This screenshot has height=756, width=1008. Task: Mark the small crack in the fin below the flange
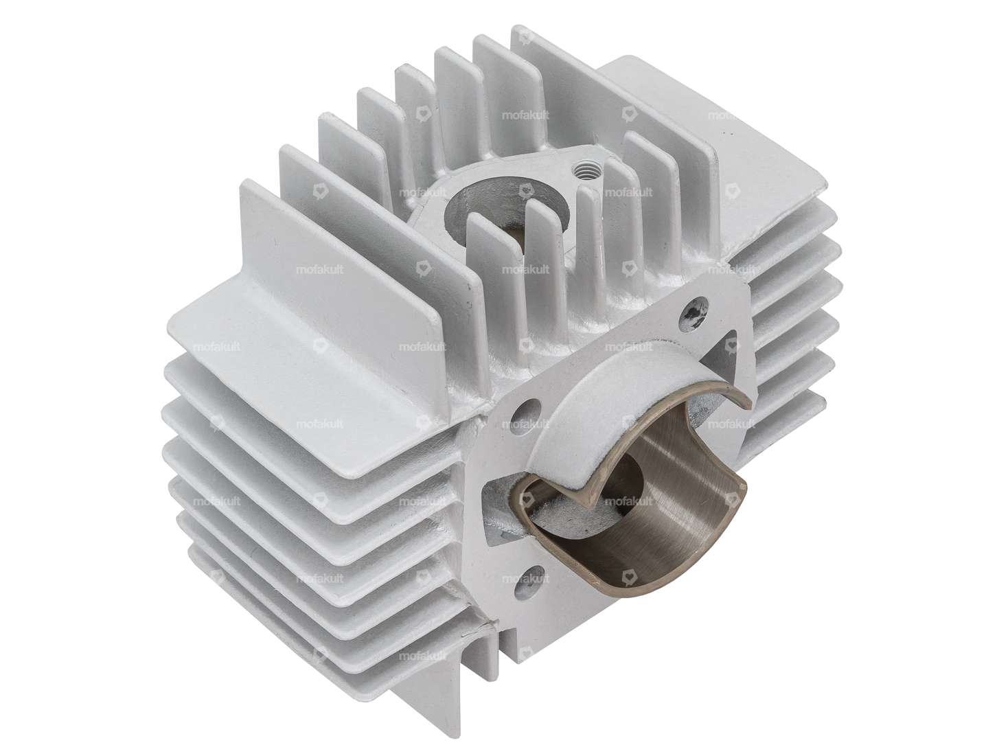[489, 626]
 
